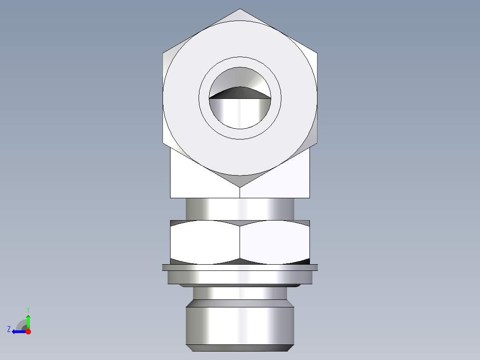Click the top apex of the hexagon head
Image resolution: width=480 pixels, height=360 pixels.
tap(240, 9)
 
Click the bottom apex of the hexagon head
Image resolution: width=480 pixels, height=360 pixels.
tap(240, 186)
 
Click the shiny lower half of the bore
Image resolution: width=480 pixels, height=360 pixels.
tap(240, 114)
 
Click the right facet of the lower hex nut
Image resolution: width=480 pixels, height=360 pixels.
tap(275, 241)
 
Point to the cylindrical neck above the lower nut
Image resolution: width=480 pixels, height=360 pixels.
tap(240, 209)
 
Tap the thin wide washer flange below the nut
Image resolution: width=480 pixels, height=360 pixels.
tap(240, 267)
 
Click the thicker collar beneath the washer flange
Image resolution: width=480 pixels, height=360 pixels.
tap(240, 278)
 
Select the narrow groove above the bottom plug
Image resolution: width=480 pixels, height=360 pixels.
tap(240, 293)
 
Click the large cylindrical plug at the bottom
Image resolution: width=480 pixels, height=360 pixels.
tap(240, 323)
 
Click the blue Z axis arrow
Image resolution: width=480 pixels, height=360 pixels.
tap(18, 331)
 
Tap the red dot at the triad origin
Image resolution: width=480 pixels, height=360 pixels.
tap(28, 331)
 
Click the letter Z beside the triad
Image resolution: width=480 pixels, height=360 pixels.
tap(9, 329)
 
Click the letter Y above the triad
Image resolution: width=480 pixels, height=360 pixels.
tap(28, 309)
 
